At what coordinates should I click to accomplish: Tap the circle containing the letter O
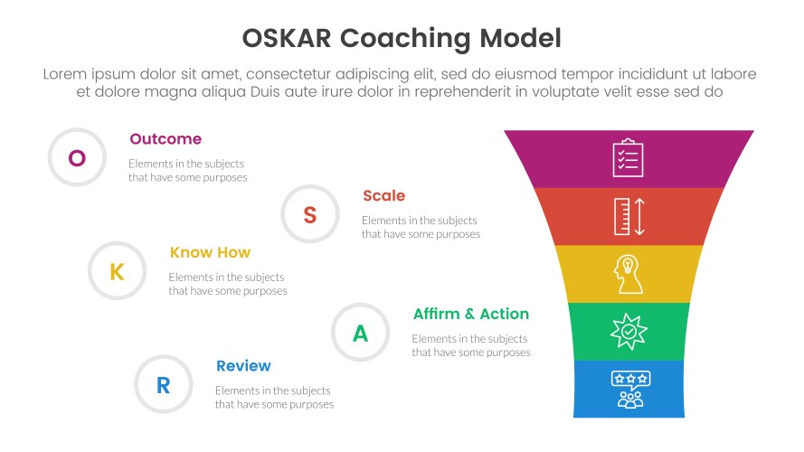click(x=77, y=158)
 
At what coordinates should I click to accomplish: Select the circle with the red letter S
click(x=309, y=214)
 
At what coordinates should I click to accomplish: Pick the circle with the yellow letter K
click(x=117, y=271)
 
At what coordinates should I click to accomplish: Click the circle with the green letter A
click(x=360, y=333)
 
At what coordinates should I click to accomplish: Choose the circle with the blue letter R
click(x=163, y=385)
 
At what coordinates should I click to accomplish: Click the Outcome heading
click(x=166, y=139)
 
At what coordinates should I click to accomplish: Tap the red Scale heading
click(x=383, y=195)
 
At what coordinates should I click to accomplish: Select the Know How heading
click(x=210, y=252)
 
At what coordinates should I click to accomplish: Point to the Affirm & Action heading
click(x=470, y=314)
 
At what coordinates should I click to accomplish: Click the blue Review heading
click(x=243, y=365)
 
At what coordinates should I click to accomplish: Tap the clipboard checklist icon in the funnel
click(x=628, y=158)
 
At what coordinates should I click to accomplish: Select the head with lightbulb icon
click(x=628, y=274)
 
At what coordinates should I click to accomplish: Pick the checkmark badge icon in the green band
click(x=628, y=332)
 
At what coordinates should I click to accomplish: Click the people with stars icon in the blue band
click(x=628, y=389)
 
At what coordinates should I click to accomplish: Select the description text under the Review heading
click(x=274, y=397)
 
